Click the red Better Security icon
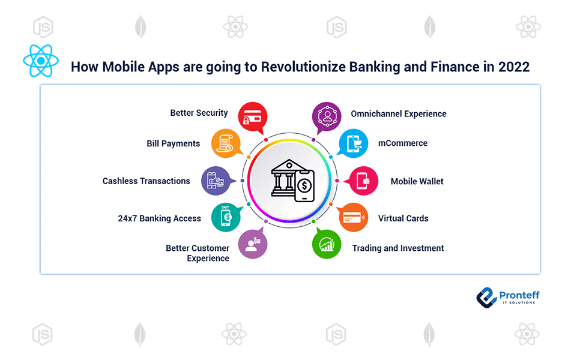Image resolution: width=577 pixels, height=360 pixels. click(252, 117)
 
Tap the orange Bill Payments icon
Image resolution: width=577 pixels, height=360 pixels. click(226, 143)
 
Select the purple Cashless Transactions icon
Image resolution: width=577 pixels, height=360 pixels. click(216, 181)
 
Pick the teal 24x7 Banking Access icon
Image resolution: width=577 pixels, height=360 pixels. click(226, 217)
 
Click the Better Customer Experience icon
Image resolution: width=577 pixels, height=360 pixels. click(252, 244)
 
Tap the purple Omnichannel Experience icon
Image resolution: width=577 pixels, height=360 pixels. click(327, 117)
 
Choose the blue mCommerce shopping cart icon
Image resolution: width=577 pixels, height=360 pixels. click(353, 143)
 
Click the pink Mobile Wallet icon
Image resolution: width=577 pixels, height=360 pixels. click(363, 181)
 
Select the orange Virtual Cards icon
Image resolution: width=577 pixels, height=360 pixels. click(353, 217)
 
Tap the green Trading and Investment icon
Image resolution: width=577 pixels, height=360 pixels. click(327, 244)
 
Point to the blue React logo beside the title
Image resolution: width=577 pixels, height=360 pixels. click(41, 61)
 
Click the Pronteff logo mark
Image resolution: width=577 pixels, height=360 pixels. click(486, 298)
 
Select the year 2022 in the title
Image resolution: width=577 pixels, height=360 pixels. click(514, 67)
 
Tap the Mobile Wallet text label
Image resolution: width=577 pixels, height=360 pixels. click(417, 181)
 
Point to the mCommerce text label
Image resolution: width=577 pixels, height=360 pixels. click(403, 143)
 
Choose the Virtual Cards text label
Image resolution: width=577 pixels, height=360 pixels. click(403, 218)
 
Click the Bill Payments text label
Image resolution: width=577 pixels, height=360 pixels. click(174, 144)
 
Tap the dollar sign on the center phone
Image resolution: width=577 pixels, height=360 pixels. click(304, 185)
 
